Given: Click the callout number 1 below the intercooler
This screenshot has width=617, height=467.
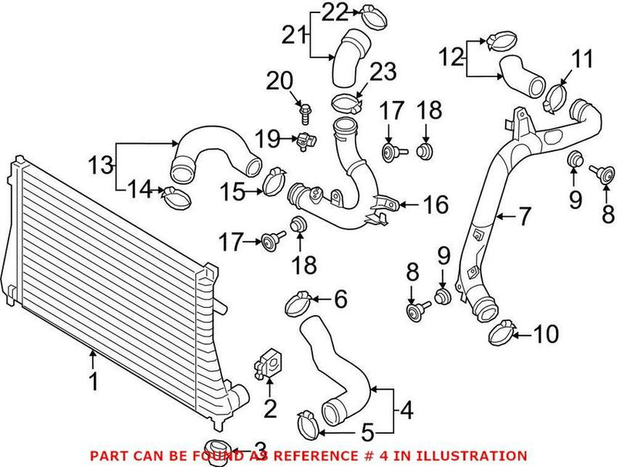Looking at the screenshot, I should pos(93,381).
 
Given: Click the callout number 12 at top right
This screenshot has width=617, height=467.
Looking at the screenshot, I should pos(451,56).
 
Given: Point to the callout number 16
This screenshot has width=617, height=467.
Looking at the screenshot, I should pos(436,205).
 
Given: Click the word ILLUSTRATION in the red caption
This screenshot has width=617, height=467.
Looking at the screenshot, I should pos(479,456).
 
